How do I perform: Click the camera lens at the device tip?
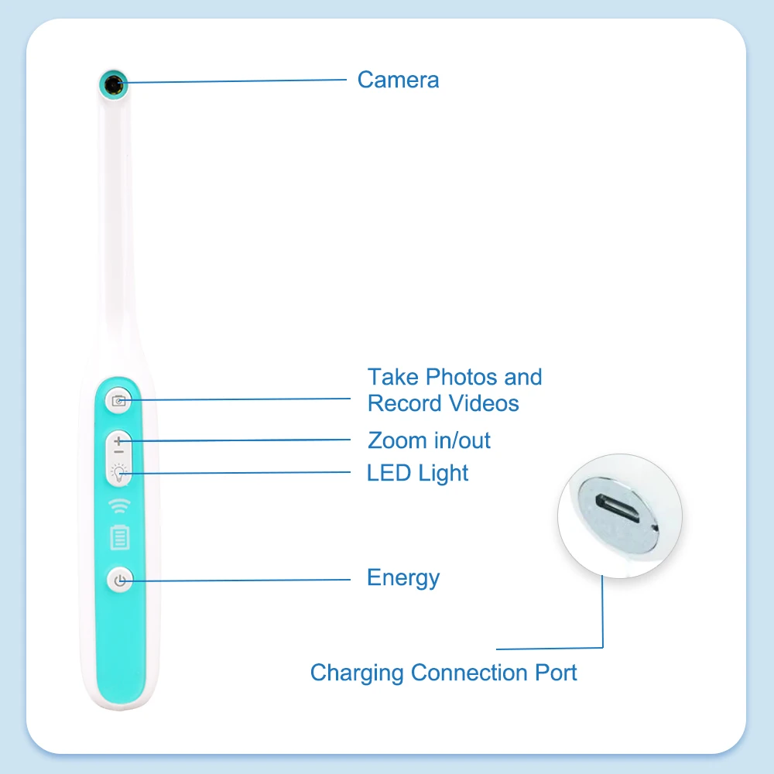pos(114,83)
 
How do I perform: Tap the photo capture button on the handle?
pos(119,400)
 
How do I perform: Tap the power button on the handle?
pos(119,580)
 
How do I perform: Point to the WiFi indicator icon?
pos(119,506)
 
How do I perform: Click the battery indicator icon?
pos(119,536)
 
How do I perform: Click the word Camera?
pos(398,80)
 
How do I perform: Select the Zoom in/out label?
pos(429,440)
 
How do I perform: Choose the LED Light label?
pos(417,472)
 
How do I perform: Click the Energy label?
pos(402,577)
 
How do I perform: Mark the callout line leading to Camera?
pos(232,80)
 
